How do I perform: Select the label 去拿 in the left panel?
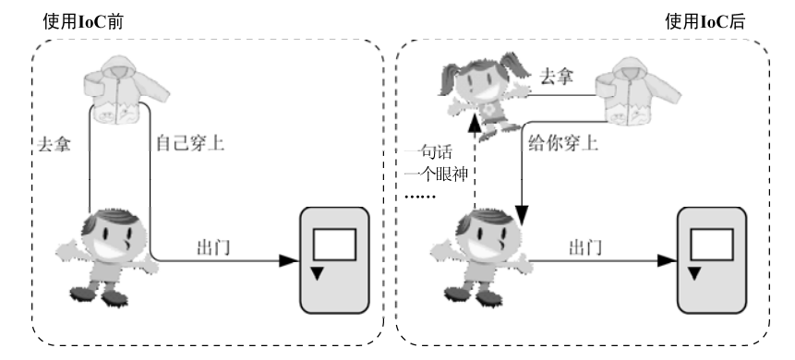54,146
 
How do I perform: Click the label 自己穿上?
188,144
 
